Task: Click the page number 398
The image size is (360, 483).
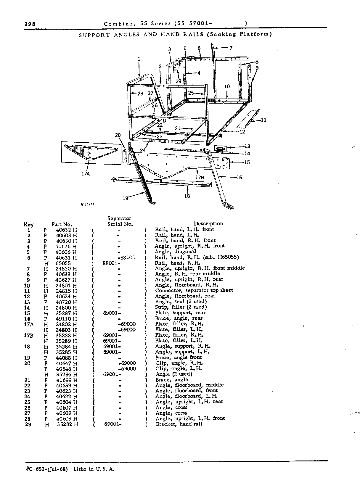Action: (30, 24)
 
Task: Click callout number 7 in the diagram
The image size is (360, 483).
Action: (231, 48)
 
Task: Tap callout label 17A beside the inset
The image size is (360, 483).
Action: (86, 173)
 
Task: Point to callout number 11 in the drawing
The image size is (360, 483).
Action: (263, 120)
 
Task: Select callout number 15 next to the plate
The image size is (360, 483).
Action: (247, 162)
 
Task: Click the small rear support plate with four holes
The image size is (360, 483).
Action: (226, 163)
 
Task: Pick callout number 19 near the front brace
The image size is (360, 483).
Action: (126, 198)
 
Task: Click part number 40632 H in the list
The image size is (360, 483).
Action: (67, 230)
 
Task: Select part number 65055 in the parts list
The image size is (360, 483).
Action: (63, 263)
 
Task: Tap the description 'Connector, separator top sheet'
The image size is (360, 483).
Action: (194, 290)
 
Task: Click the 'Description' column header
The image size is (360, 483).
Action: (208, 224)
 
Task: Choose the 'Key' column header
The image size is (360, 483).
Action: (28, 225)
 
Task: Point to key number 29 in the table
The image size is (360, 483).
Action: (28, 424)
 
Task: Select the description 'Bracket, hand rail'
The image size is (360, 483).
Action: (179, 424)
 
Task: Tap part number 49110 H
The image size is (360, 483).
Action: (66, 319)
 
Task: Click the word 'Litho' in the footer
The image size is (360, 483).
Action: (80, 469)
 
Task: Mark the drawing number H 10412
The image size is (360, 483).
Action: (87, 205)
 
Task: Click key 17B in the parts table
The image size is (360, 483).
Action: (29, 336)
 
